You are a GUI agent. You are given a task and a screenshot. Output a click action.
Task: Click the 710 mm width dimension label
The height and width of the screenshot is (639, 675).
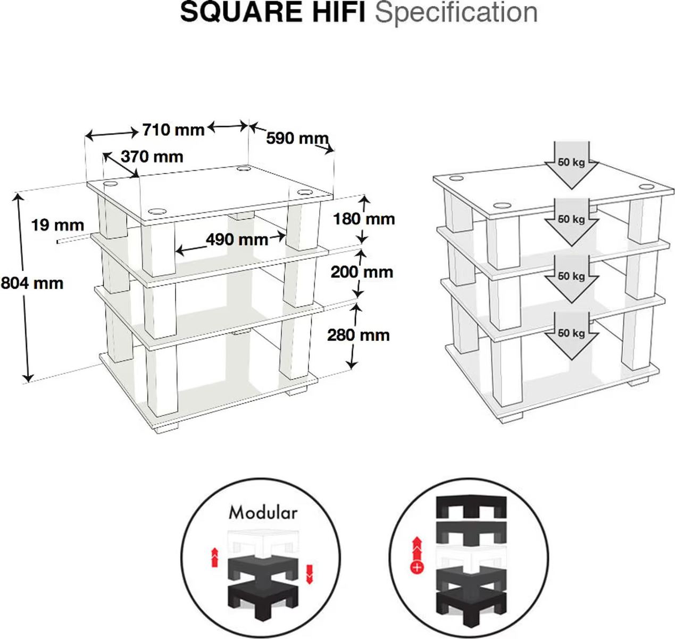pos(173,130)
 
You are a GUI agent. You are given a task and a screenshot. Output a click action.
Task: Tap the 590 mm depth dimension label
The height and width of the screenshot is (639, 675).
pos(297,138)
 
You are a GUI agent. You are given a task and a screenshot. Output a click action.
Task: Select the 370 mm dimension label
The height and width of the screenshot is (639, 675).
pos(152,157)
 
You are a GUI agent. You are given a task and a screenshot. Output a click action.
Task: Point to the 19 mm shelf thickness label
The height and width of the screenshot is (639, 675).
pos(57,225)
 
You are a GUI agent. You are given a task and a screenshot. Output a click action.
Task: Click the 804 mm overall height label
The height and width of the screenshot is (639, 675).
pos(32,284)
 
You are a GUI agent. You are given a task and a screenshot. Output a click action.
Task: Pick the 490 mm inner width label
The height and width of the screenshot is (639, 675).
pos(237,240)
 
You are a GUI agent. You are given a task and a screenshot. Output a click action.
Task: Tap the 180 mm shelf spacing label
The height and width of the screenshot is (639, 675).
pos(364,219)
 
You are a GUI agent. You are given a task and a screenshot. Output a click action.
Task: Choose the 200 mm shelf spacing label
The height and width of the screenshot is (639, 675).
pos(362,272)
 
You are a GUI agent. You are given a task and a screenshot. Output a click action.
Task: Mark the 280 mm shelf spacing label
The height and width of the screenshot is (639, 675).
pos(359,335)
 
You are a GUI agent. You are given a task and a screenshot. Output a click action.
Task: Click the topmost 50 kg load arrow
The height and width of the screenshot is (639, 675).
pos(571,165)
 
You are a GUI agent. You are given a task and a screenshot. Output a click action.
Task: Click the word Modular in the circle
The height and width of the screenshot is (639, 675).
pos(263,512)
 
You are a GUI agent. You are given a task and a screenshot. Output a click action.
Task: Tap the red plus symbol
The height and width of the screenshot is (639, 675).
pos(417,567)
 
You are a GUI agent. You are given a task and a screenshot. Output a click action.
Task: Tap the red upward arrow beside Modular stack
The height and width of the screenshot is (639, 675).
pos(214,557)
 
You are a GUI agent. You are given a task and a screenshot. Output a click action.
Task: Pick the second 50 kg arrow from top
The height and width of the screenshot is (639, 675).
pos(571,222)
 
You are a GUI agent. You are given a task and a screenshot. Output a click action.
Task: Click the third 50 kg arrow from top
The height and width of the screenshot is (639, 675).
pos(571,279)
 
